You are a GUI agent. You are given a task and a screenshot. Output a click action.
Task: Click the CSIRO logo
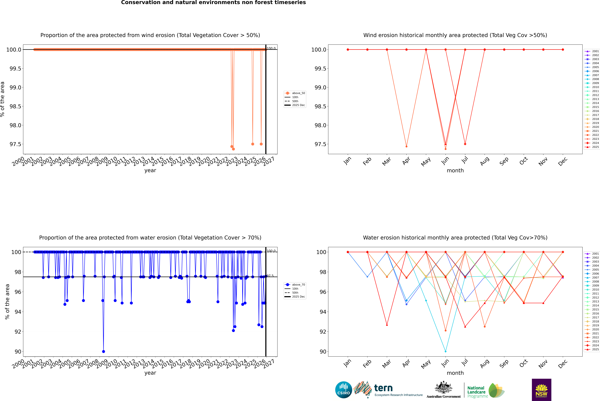(x=344, y=390)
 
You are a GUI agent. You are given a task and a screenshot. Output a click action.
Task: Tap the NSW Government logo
(x=541, y=390)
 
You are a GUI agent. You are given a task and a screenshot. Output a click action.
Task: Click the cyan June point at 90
(x=446, y=351)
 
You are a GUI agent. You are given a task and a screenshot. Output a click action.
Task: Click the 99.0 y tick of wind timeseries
(x=15, y=87)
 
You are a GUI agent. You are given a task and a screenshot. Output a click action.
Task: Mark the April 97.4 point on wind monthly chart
(x=406, y=147)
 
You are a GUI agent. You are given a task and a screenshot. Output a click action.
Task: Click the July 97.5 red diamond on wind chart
(x=465, y=144)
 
